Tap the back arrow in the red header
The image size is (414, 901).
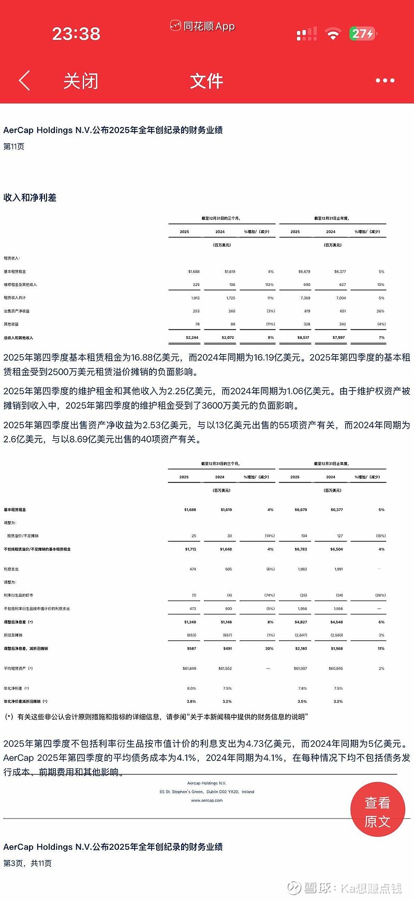tap(24, 81)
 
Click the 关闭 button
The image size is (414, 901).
tap(81, 81)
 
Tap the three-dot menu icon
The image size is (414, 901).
tap(385, 81)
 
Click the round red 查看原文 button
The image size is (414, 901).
tap(377, 812)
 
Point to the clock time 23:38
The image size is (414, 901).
tap(76, 34)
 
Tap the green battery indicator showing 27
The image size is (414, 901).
tap(362, 34)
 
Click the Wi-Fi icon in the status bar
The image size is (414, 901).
tap(333, 35)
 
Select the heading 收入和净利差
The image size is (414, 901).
tap(30, 197)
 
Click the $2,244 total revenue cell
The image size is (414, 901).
tap(192, 338)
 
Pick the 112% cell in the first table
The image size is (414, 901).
tap(269, 285)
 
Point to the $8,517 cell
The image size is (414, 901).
tap(303, 338)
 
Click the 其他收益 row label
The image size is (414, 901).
tap(11, 324)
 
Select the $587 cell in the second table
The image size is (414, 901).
tap(191, 649)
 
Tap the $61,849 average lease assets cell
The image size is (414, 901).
tap(189, 669)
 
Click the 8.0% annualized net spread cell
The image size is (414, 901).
tap(191, 689)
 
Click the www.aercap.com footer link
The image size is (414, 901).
tap(207, 800)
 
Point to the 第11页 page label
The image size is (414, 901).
tap(14, 147)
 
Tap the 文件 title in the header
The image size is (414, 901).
tap(206, 81)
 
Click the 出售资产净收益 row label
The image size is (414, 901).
tap(17, 311)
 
